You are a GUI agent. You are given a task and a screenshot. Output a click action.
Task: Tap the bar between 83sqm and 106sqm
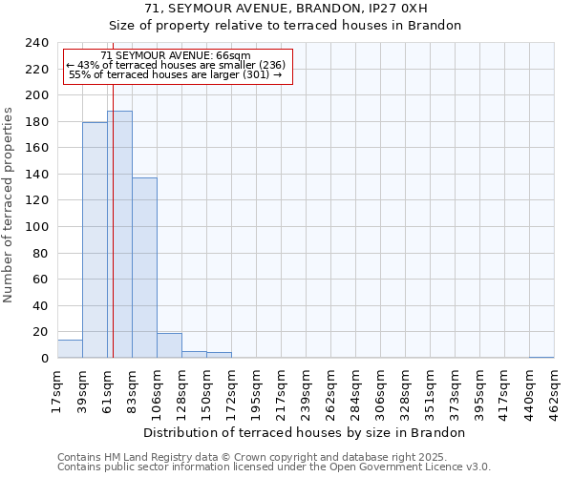click(144, 268)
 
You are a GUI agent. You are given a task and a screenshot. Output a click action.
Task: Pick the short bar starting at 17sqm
click(70, 349)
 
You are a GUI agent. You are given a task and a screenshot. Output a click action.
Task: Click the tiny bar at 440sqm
click(541, 357)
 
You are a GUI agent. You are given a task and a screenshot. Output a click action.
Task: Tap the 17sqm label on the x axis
click(57, 386)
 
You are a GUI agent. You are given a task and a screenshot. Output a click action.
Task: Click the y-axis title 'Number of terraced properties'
click(9, 204)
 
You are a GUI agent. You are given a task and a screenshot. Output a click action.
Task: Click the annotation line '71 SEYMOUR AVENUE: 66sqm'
click(176, 55)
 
